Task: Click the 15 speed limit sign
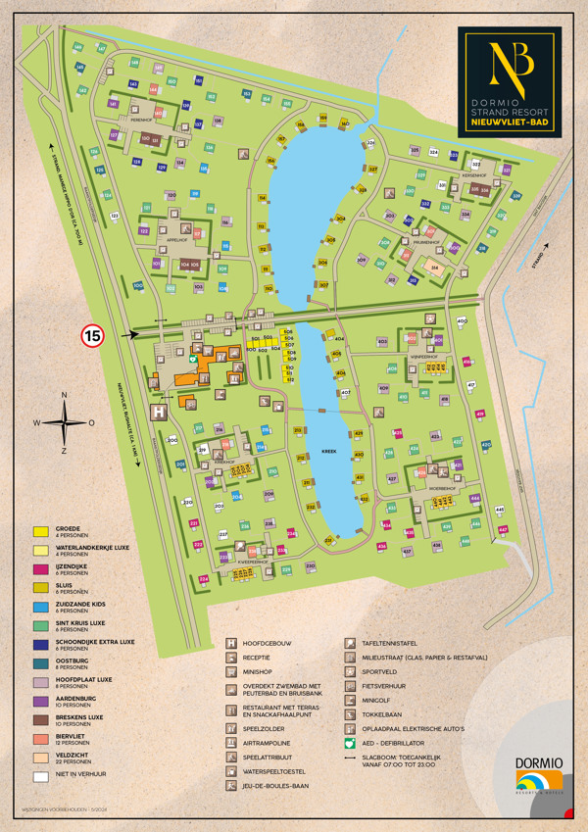92,336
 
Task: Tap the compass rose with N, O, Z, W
65,423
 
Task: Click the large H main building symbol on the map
157,413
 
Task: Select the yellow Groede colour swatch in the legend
40,530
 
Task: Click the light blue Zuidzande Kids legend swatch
40,605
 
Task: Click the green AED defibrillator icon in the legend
350,743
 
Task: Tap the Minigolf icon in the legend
350,700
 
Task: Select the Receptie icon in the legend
231,658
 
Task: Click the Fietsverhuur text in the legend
384,686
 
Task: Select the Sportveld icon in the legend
350,671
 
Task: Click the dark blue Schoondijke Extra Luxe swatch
40,642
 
